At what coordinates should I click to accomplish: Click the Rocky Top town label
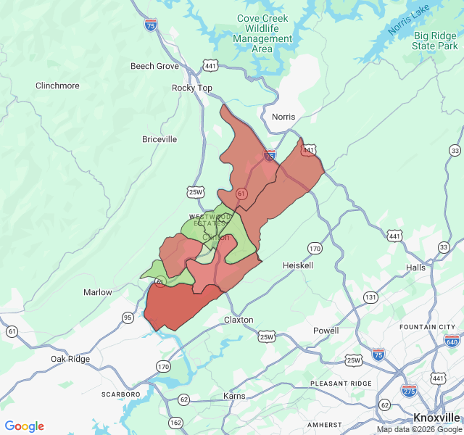click(192, 88)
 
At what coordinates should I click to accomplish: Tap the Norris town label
click(284, 117)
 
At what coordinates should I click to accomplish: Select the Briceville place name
click(159, 139)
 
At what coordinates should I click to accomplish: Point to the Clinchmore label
click(57, 86)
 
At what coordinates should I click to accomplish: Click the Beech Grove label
click(154, 66)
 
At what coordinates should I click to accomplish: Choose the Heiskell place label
click(299, 266)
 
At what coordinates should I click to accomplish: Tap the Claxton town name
click(239, 320)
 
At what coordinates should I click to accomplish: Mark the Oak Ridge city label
click(70, 360)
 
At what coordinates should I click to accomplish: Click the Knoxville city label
click(436, 418)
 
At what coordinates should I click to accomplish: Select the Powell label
click(326, 331)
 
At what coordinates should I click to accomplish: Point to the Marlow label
click(98, 292)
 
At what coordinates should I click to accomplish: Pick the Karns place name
click(235, 396)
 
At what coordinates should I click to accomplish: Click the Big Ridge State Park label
click(435, 41)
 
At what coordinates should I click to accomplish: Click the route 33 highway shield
click(455, 151)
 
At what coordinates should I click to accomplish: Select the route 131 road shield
click(370, 297)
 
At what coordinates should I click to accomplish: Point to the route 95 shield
click(128, 318)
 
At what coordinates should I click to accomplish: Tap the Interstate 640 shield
click(452, 341)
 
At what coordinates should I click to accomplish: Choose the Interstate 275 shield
click(409, 389)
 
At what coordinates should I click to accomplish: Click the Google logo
click(25, 426)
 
